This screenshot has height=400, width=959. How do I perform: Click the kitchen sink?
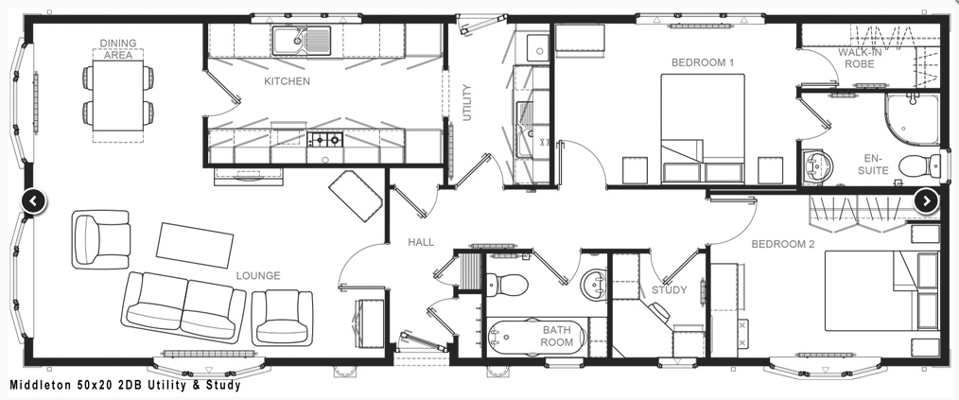302,41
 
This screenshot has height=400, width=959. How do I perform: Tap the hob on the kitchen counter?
325,140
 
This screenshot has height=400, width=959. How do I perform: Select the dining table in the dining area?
118,95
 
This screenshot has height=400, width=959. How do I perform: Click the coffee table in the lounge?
195,245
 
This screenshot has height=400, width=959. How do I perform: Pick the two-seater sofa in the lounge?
183,305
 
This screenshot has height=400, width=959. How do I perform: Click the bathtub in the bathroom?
537,337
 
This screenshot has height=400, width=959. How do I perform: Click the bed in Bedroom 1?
703,129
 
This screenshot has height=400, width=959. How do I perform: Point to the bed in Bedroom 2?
881,290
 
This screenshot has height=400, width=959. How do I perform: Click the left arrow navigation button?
34,200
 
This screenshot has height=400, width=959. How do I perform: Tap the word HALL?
421,242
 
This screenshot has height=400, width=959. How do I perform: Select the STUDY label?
669,290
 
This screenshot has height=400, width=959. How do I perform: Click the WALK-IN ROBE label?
860,58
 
